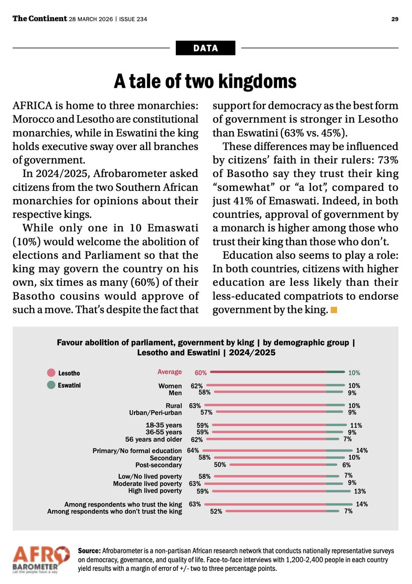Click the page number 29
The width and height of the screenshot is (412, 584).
[395, 19]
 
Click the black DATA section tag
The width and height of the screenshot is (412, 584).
[205, 48]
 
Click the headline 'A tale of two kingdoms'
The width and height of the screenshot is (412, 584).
[205, 81]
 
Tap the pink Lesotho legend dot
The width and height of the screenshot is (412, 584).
[50, 373]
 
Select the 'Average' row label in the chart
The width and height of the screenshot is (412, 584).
[169, 372]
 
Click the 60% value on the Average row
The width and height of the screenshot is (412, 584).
[201, 373]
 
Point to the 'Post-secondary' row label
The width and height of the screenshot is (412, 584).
[159, 465]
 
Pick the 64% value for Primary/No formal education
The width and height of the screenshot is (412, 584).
[193, 451]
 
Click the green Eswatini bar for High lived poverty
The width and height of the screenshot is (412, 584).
[338, 491]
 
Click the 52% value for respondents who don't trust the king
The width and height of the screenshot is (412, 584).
[216, 511]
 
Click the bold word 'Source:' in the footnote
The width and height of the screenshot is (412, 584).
[90, 550]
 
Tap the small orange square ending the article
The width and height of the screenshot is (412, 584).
[334, 310]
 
